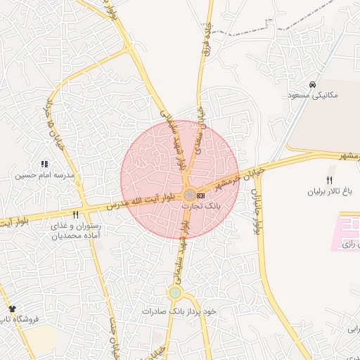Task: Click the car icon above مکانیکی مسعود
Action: tap(313, 84)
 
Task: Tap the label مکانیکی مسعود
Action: tap(313, 94)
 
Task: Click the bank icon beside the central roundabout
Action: tap(201, 195)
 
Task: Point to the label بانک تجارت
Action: tap(201, 207)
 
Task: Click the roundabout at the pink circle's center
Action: tap(189, 195)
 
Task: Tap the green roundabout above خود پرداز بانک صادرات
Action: tap(174, 292)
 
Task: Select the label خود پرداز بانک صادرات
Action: tap(179, 311)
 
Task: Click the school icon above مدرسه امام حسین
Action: tap(45, 164)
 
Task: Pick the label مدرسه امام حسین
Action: tap(49, 174)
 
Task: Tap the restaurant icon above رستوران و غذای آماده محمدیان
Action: tap(75, 214)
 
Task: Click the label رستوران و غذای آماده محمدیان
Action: tap(75, 231)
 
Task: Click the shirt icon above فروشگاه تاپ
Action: tap(12, 309)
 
